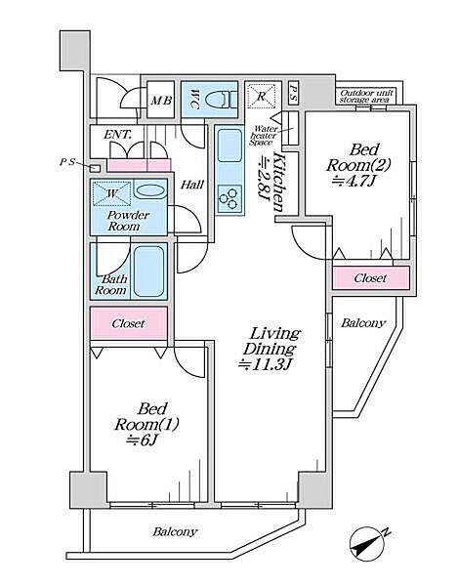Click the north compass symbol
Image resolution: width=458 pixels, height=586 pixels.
pos(368,543)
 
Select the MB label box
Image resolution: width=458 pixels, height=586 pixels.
pos(161,100)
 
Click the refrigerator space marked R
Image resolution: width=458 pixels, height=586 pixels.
pos(261,96)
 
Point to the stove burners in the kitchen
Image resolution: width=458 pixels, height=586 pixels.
pos(229,199)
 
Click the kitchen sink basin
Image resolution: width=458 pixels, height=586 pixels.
pos(229,146)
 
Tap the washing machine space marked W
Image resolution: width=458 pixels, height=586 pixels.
pos(111,193)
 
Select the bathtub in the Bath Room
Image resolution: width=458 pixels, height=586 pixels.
pos(149,272)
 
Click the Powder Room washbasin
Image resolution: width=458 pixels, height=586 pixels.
pos(149,191)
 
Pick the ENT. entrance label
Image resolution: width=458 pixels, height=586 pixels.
pos(118,134)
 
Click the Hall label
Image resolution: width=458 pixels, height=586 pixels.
pos(192,185)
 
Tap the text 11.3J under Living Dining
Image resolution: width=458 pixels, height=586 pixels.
pos(265,364)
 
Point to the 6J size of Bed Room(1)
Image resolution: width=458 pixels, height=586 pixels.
pos(141,439)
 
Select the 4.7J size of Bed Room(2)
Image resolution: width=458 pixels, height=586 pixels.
pos(354,181)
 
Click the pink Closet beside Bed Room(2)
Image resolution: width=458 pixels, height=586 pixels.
pos(370,278)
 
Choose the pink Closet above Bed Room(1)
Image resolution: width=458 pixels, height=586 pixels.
pos(129,323)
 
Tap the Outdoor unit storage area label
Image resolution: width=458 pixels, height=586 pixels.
pos(366,96)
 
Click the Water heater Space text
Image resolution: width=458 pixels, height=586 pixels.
pos(264,136)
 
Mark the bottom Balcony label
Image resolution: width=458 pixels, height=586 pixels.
pos(175,532)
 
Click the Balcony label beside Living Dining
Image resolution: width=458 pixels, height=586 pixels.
pos(363,323)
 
